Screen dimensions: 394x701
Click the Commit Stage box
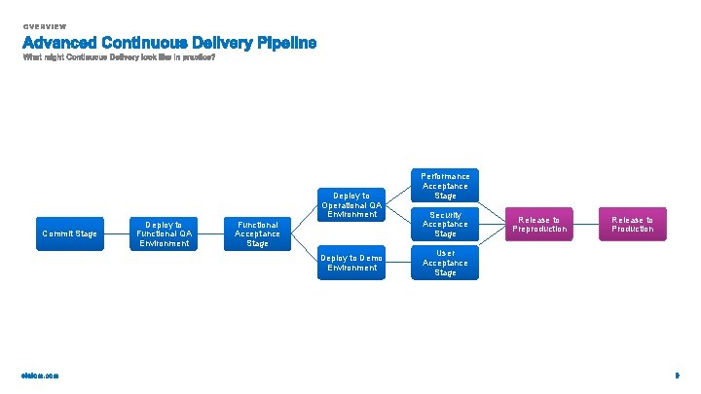coord(69,233)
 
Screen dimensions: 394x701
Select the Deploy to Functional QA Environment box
coord(164,233)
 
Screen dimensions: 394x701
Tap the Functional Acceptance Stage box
coord(257,233)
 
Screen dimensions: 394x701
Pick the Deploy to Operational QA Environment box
coord(350,204)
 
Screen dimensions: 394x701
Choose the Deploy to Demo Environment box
coord(350,263)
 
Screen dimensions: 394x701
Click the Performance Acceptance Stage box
coord(445,186)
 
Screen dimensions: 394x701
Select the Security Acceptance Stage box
coord(445,225)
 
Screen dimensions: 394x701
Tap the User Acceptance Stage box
coord(445,263)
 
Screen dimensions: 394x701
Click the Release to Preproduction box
coord(538,225)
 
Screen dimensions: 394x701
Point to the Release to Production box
coord(632,225)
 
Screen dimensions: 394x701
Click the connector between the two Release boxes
coord(585,225)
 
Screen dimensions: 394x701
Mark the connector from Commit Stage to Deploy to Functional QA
coord(116,233)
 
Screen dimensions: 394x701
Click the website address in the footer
coord(40,376)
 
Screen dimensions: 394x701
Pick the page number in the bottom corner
coord(676,376)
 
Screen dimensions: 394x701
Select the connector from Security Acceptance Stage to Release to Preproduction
coord(492,225)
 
